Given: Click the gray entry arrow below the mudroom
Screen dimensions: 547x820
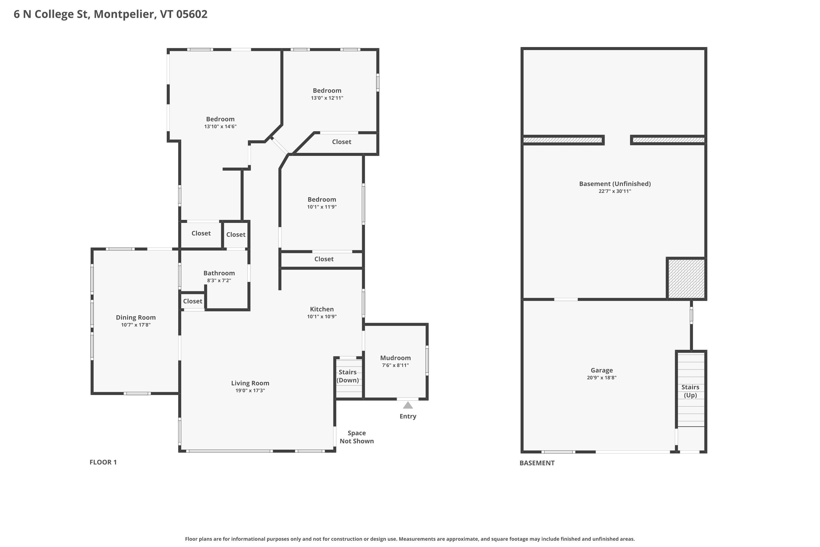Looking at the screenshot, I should pyautogui.click(x=408, y=405).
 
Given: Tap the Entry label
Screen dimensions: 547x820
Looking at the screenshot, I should pyautogui.click(x=408, y=416).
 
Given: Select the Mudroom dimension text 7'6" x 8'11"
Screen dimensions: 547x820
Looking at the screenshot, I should pyautogui.click(x=395, y=365).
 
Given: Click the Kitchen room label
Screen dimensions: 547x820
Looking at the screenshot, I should pyautogui.click(x=321, y=309).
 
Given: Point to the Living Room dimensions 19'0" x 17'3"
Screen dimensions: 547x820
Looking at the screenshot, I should pyautogui.click(x=250, y=390).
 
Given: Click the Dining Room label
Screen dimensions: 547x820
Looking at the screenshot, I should pyautogui.click(x=136, y=318).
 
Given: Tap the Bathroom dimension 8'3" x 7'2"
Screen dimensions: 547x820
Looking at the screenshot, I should pyautogui.click(x=219, y=281).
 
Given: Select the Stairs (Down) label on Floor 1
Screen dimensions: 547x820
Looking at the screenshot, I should pyautogui.click(x=348, y=376).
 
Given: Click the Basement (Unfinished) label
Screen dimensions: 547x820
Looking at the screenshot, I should pyautogui.click(x=615, y=184).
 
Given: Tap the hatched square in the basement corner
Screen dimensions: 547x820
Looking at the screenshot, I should pyautogui.click(x=686, y=278).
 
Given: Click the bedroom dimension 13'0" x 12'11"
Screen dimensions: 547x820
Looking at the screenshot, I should pyautogui.click(x=327, y=98).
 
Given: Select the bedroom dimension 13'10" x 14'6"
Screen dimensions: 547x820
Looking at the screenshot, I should pyautogui.click(x=220, y=127).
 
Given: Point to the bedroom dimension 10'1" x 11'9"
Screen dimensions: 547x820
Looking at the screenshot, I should pyautogui.click(x=321, y=207).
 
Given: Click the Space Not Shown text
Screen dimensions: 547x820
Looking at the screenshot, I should pyautogui.click(x=356, y=437).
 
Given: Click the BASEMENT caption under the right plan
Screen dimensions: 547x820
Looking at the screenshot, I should pyautogui.click(x=537, y=463).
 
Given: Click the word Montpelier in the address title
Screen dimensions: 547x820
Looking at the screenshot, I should pyautogui.click(x=125, y=14).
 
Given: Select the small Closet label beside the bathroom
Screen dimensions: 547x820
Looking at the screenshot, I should pyautogui.click(x=192, y=301).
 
